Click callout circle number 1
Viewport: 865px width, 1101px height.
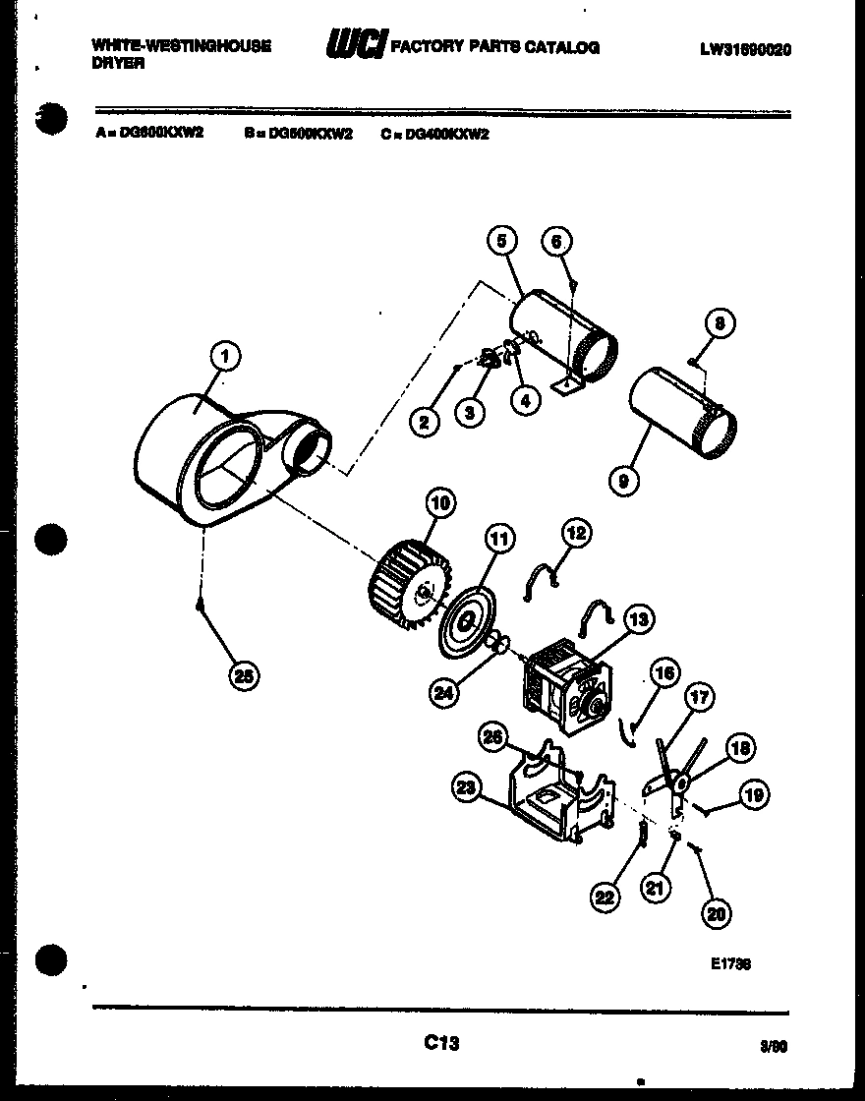pos(225,357)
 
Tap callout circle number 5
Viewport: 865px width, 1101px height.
pos(501,241)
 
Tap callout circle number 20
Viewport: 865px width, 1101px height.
pos(718,913)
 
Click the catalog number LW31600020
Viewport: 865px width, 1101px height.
pos(746,48)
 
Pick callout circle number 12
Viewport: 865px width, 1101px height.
pos(575,534)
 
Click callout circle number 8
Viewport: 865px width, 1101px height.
pos(721,323)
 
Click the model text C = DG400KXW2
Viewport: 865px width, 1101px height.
pos(434,134)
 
